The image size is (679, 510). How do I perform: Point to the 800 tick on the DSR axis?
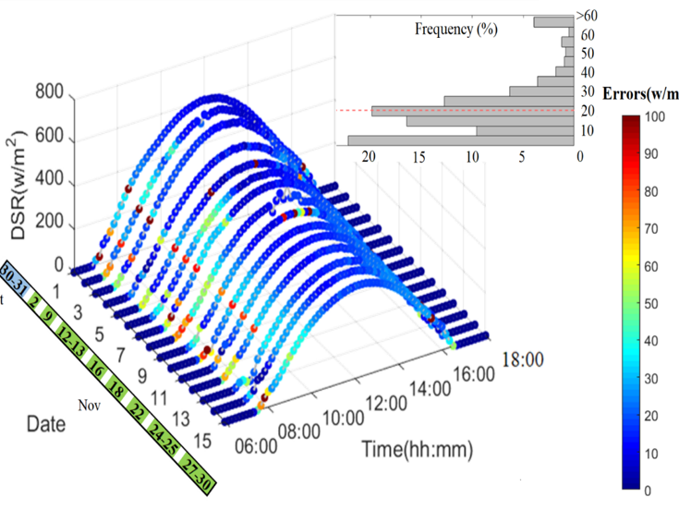(x=51, y=91)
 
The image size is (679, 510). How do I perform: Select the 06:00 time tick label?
(x=254, y=446)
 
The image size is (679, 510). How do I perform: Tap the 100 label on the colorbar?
(x=656, y=117)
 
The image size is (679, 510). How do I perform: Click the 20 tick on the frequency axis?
(x=370, y=157)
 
